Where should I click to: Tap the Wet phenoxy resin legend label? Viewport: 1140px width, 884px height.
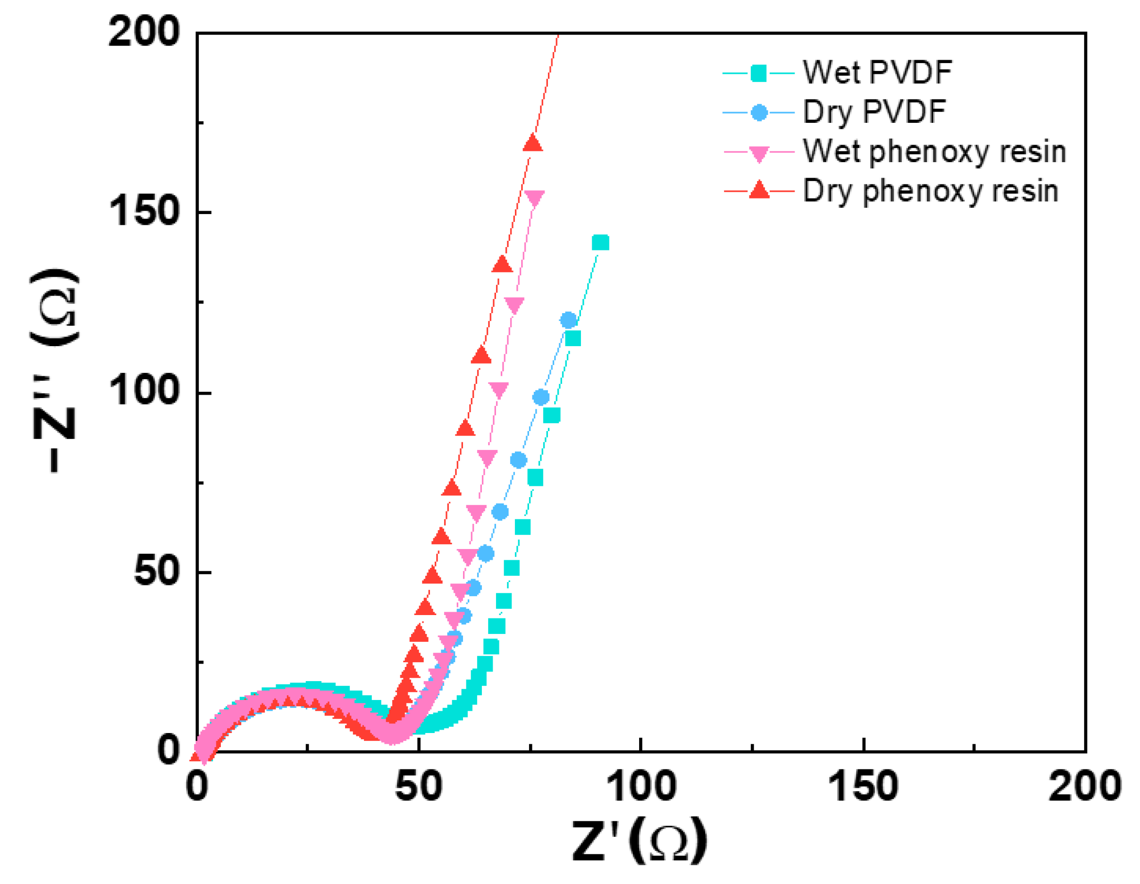934,152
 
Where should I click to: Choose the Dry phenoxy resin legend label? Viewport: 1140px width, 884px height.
930,191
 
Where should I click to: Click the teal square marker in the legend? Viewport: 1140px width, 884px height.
759,73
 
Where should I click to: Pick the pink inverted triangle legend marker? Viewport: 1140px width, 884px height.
759,153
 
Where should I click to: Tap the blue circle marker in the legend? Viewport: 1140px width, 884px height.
759,112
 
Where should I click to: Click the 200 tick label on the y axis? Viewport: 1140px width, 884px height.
144,33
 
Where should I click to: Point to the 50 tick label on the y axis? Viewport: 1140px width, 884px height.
157,571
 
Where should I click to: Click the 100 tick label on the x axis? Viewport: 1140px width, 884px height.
642,787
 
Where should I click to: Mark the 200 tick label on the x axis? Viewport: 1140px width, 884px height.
1085,787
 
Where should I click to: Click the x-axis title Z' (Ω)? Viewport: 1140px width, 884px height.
640,841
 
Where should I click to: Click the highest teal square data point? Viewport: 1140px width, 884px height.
600,243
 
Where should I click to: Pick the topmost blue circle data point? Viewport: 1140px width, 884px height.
568,320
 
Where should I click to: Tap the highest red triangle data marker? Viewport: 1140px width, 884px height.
533,143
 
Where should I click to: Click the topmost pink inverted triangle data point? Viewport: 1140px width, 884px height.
534,199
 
